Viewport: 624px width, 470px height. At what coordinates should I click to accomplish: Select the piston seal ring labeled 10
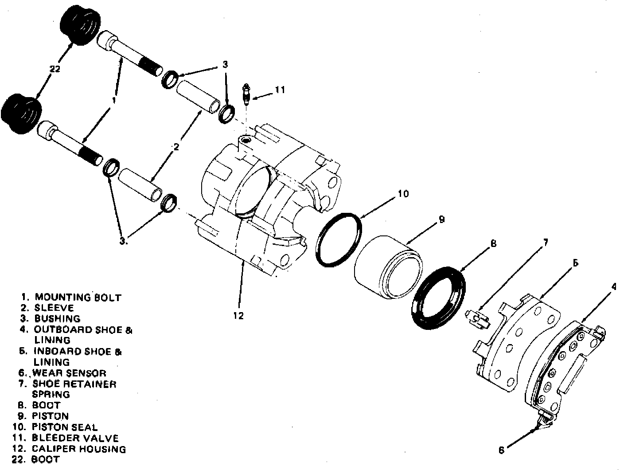click(339, 240)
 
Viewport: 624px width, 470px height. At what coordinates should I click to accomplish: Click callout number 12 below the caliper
click(238, 316)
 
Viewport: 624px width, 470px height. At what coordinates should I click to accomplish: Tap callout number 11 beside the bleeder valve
click(279, 90)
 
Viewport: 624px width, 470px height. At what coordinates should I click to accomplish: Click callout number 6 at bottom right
click(501, 450)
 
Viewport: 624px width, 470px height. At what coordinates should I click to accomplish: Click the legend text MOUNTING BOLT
click(78, 298)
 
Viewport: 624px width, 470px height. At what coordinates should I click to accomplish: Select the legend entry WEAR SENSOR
click(69, 373)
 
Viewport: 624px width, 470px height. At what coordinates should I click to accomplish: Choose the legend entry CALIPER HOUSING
click(78, 449)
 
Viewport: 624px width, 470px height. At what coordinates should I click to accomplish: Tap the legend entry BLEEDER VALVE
click(75, 438)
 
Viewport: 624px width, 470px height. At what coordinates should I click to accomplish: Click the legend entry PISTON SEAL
click(64, 427)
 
